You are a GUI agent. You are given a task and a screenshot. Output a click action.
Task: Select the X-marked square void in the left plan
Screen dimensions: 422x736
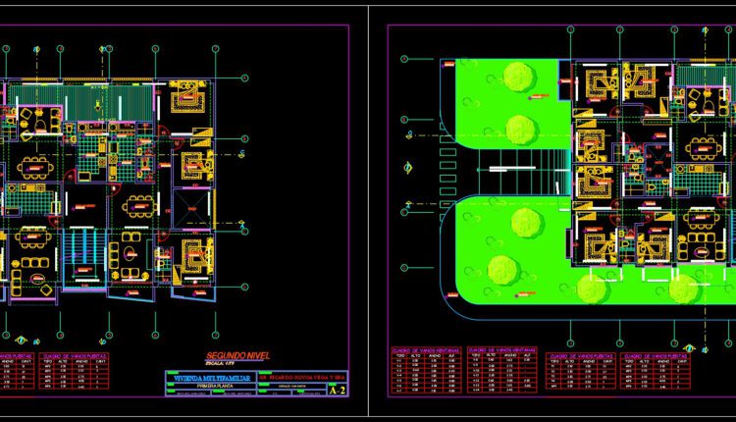point(190,209)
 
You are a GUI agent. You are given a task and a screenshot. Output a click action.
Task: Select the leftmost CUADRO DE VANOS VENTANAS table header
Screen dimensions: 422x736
point(421,350)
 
